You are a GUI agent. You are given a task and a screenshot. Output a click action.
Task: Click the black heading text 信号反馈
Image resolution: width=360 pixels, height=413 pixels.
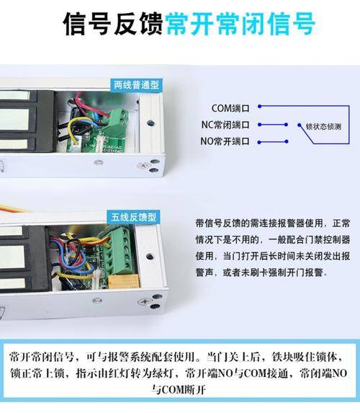click(x=113, y=24)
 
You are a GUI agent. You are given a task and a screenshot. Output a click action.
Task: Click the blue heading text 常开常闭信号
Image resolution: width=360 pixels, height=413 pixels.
click(x=240, y=24)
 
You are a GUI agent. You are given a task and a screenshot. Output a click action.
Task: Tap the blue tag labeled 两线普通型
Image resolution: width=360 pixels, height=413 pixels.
click(x=136, y=85)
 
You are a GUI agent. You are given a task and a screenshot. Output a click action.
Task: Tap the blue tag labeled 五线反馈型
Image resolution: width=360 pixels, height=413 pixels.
click(x=133, y=217)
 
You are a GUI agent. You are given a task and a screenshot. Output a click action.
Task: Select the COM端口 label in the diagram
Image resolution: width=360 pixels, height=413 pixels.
click(x=230, y=108)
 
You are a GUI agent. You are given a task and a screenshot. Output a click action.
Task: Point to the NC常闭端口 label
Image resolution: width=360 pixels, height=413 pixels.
click(x=225, y=125)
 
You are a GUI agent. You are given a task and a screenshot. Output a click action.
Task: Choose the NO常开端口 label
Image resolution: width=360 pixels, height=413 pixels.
click(x=225, y=141)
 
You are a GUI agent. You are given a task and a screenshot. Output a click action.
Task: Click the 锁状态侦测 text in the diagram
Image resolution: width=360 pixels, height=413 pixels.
click(x=323, y=127)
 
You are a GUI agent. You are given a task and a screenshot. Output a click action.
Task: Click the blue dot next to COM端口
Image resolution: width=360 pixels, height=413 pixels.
click(x=259, y=107)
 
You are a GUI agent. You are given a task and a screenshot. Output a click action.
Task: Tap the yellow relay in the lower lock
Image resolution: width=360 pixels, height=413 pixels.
click(x=124, y=281)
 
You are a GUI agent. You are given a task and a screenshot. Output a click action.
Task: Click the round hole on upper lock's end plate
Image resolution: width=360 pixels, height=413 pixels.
click(x=150, y=123)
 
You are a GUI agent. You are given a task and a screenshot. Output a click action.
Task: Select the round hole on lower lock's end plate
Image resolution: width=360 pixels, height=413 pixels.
click(x=150, y=257)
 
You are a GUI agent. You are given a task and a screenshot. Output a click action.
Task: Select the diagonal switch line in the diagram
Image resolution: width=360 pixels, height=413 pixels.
click(x=306, y=134)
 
